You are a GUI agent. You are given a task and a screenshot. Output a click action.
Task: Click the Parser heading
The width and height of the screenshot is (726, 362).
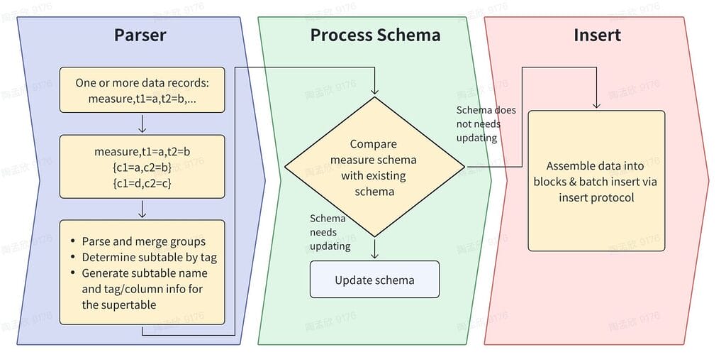click(140, 35)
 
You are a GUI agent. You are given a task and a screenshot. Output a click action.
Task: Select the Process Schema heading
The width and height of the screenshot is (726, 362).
click(375, 35)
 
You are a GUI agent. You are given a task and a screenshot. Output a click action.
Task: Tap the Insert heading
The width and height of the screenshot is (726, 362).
click(597, 35)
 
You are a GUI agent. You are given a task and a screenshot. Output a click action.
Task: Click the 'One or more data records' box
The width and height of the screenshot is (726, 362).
click(142, 90)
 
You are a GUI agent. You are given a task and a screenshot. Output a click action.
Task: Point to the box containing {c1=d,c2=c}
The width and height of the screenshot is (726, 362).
click(142, 167)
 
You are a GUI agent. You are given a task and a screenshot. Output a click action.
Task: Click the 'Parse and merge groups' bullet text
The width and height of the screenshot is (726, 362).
click(143, 241)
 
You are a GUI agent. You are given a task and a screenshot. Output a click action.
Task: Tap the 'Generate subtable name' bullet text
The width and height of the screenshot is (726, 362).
click(145, 273)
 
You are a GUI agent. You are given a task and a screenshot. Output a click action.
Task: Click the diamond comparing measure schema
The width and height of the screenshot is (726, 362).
click(374, 168)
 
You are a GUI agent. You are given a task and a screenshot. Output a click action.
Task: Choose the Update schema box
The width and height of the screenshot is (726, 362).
click(374, 280)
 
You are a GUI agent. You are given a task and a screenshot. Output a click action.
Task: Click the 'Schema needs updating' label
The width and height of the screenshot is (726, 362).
click(330, 232)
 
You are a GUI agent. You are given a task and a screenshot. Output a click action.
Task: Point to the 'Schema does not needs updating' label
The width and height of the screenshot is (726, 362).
click(486, 124)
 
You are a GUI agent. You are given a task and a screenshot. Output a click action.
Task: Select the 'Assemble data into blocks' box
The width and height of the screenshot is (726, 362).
click(596, 181)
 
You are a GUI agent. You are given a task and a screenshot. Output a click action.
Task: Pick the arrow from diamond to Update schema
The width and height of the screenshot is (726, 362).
click(375, 248)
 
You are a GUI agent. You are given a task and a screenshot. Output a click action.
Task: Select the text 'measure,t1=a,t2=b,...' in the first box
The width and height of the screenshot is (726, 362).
click(142, 99)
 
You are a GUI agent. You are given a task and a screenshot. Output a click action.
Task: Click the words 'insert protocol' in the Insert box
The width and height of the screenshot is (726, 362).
click(596, 197)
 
